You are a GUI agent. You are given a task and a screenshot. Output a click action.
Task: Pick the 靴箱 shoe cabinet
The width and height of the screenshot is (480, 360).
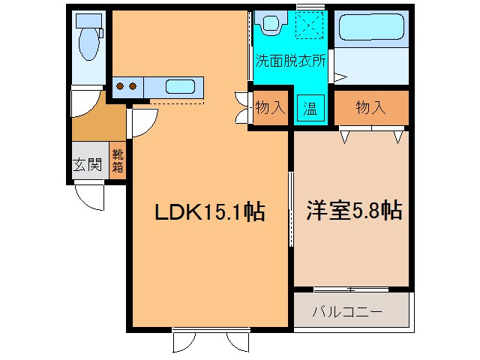coord(118,160)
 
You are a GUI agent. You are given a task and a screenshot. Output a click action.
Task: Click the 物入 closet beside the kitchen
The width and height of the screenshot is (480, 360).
coord(270,107)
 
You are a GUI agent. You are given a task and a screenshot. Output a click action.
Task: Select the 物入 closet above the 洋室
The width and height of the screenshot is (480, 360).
coord(370,107)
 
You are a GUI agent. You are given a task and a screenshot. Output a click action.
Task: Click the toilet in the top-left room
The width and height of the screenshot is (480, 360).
coord(88,39)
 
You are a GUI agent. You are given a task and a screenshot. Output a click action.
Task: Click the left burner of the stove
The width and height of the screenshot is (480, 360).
coord(120,86)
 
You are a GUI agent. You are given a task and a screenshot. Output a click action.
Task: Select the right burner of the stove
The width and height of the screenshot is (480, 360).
coord(133,86)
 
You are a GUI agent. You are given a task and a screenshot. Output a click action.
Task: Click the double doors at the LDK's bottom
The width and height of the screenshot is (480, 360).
coord(209,340)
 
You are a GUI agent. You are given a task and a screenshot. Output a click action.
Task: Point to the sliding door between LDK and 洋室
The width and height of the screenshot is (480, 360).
coord(291,210)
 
